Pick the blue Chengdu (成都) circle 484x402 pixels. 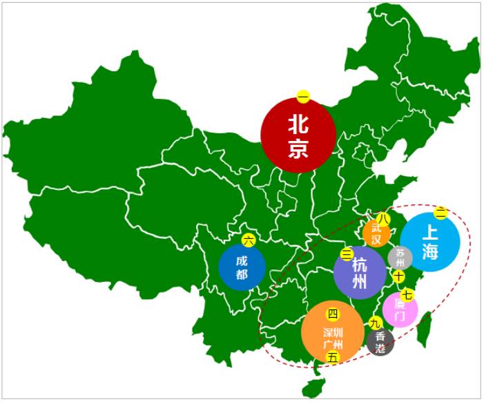(x=242, y=268)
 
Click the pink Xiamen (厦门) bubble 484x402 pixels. (x=400, y=311)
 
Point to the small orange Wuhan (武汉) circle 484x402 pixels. (x=376, y=234)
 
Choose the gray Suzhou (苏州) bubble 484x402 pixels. (x=400, y=258)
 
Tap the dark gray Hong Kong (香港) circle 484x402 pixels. (x=381, y=342)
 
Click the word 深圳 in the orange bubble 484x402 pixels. (x=333, y=332)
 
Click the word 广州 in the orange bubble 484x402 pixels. (x=333, y=344)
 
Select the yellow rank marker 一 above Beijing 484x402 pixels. (x=303, y=97)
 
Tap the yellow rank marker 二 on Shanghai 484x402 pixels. (x=441, y=213)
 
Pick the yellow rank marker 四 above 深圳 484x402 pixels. (x=333, y=315)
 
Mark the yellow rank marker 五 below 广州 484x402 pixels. (x=333, y=357)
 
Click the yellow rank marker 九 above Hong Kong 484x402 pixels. (x=376, y=323)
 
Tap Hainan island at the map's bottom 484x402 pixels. (x=315, y=382)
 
